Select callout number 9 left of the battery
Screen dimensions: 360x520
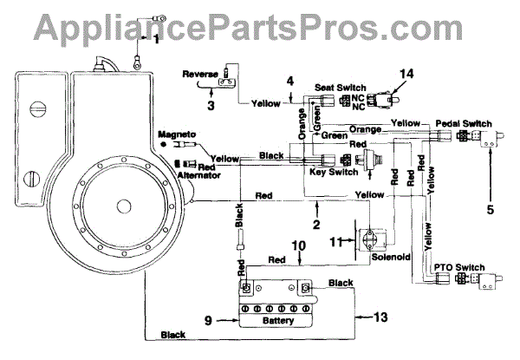[208, 321]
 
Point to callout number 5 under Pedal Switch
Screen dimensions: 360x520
[491, 208]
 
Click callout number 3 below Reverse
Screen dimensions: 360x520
[211, 106]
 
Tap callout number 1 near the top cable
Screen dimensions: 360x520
[157, 39]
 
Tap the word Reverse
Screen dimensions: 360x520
[199, 74]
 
